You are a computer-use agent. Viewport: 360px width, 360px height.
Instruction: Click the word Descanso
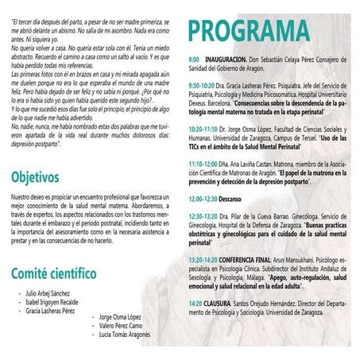pyautogui.click(x=234, y=199)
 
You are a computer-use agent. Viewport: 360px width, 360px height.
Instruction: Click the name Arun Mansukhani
pyautogui.click(x=308, y=259)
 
